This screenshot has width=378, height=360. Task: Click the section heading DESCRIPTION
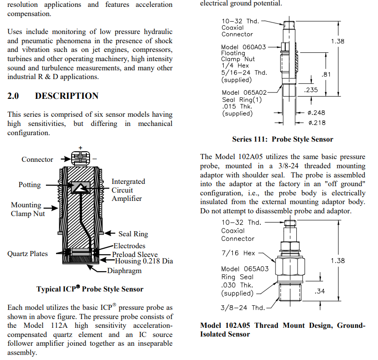(x=67, y=96)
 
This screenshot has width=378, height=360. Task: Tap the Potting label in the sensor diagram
(x=29, y=185)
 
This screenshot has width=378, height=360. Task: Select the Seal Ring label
(x=133, y=234)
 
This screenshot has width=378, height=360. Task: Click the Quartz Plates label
(x=28, y=254)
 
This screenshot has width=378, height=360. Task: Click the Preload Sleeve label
(x=135, y=255)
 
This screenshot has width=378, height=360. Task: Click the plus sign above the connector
(x=80, y=148)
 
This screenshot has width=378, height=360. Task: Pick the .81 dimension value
(x=327, y=74)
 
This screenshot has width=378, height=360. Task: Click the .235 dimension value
(x=311, y=90)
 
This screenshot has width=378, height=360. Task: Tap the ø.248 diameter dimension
(x=316, y=113)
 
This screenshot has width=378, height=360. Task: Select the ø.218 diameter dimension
(x=316, y=123)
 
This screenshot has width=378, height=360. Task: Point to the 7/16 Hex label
(x=238, y=253)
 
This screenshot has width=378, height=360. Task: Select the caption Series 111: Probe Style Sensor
(x=282, y=139)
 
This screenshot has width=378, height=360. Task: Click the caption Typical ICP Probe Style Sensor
(x=90, y=289)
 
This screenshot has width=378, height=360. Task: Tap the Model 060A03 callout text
(x=243, y=47)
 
